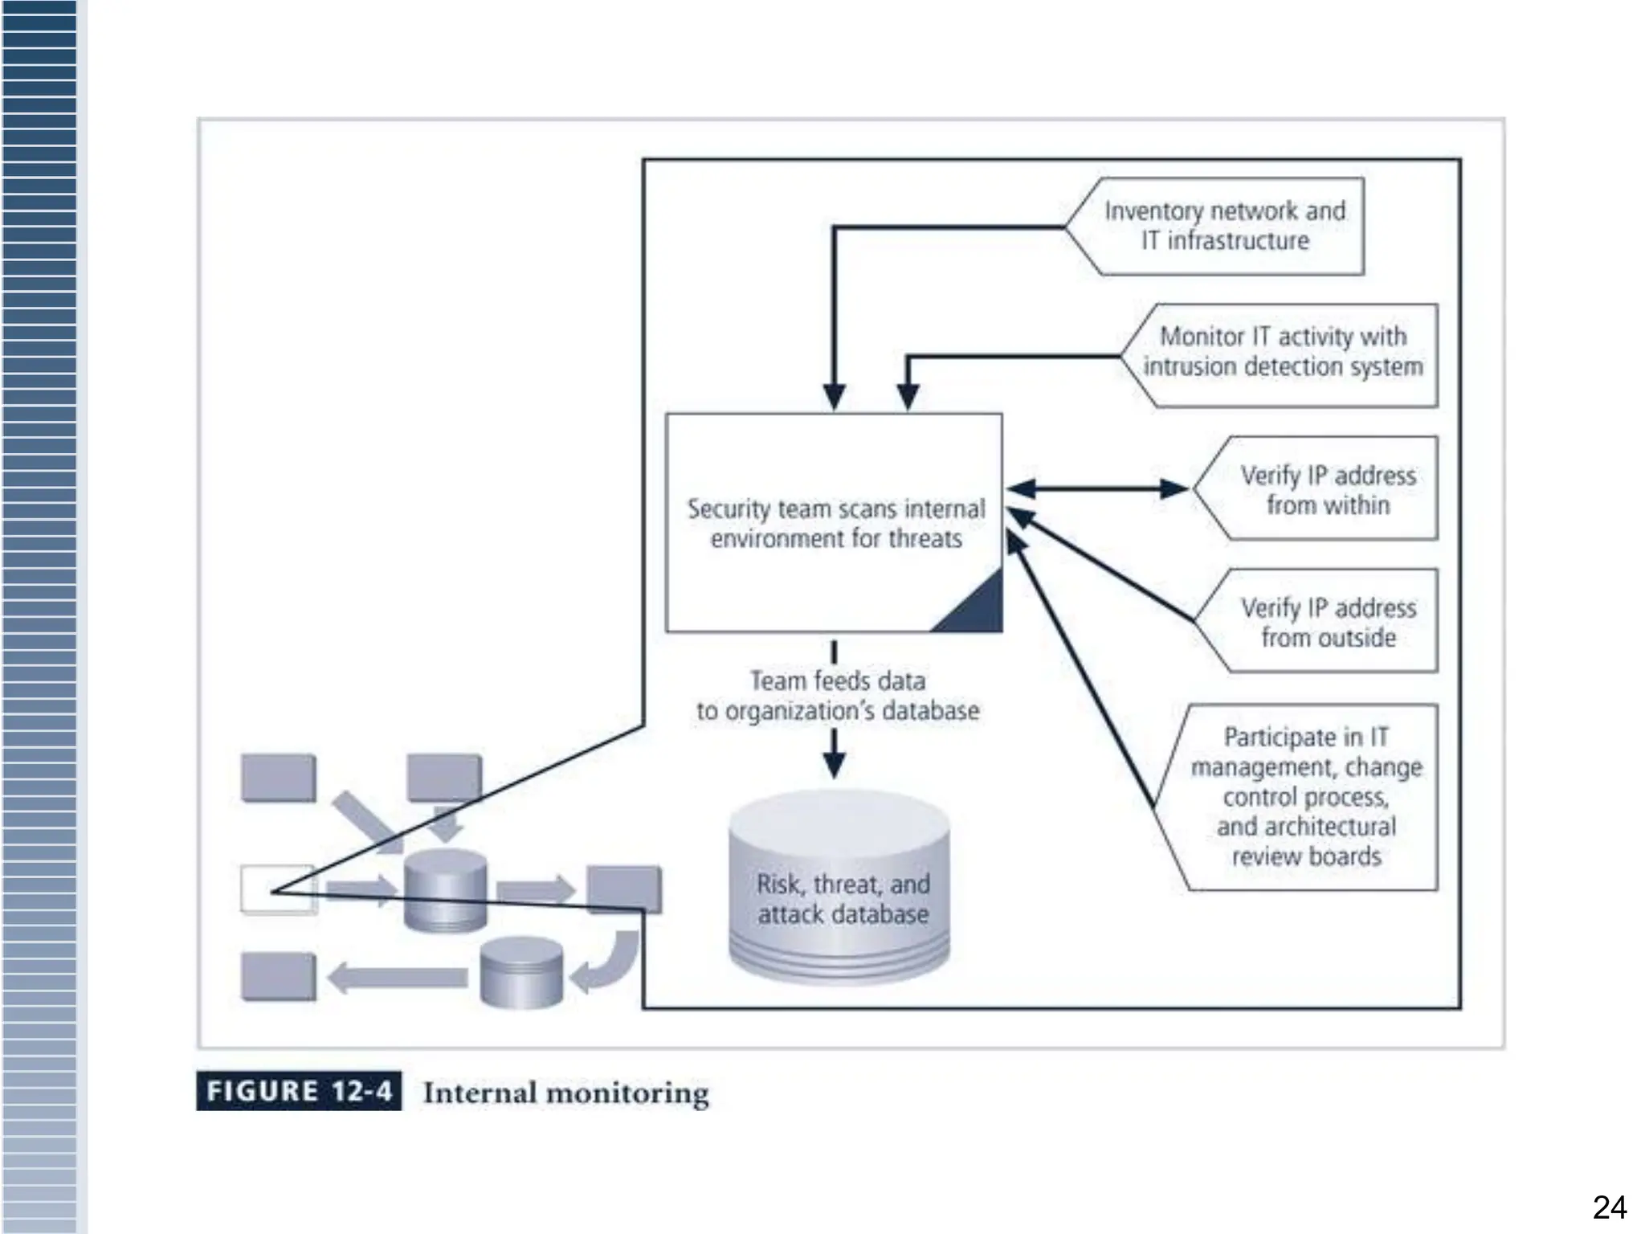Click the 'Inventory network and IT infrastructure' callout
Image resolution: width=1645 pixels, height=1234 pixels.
coord(1224,227)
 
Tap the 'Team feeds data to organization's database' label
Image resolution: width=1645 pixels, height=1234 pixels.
coord(836,696)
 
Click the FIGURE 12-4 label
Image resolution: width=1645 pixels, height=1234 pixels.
coord(299,1092)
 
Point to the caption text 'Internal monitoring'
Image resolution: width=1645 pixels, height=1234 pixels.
coord(565,1093)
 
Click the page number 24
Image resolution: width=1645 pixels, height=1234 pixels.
coord(1609,1207)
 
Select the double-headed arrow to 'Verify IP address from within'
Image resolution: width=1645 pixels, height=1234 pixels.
coord(1096,488)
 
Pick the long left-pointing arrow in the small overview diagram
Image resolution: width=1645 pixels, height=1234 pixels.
coord(398,978)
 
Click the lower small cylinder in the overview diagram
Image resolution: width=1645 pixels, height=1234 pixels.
coord(521,973)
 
